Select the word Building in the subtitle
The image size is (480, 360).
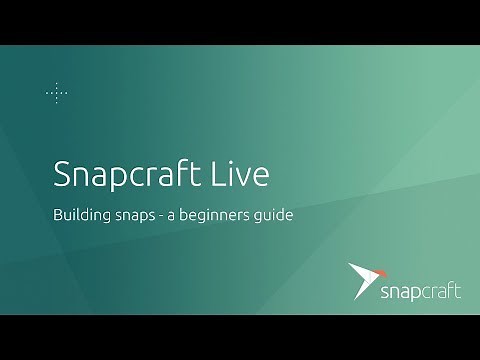(x=81, y=215)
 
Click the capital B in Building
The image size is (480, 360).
(x=57, y=215)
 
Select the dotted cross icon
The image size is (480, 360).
(x=57, y=93)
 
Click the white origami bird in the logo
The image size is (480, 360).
(x=362, y=277)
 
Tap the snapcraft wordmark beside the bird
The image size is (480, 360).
(x=421, y=291)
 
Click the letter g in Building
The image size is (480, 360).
(x=105, y=218)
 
